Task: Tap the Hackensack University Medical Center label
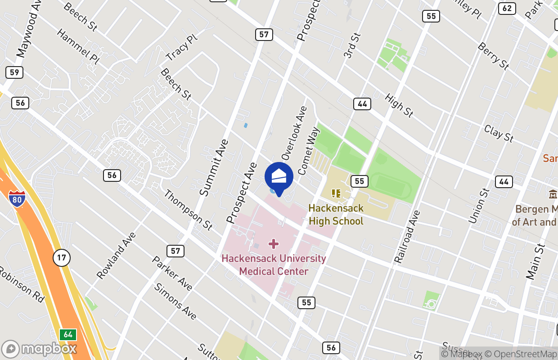[x=274, y=265]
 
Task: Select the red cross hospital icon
[x=274, y=244]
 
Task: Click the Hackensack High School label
[x=336, y=215]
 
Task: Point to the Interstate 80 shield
[x=17, y=198]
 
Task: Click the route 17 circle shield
[x=62, y=258]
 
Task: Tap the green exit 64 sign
[x=68, y=335]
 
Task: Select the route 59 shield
[x=14, y=72]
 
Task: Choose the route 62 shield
[x=507, y=8]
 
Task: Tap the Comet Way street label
[x=309, y=151]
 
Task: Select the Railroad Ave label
[x=407, y=237]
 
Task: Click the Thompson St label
[x=188, y=210]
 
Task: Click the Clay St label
[x=499, y=133]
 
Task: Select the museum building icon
[x=553, y=194]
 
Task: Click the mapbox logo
[x=40, y=349]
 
